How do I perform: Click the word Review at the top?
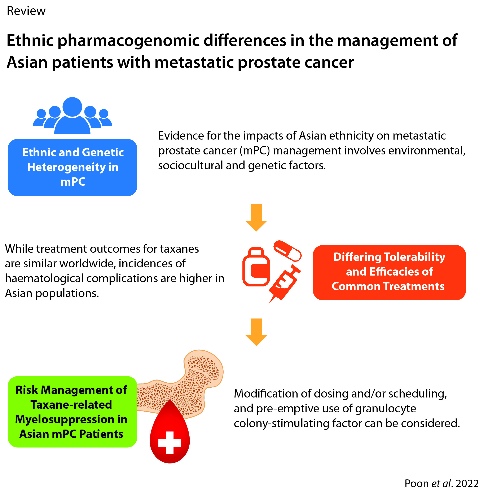26,11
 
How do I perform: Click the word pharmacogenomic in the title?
128,41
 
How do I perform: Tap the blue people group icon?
72,116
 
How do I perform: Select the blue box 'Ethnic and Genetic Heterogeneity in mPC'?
72,167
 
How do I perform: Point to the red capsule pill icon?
287,251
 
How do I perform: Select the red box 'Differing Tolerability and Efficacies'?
389,272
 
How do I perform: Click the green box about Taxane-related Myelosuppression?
72,412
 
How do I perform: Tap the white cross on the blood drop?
170,443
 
